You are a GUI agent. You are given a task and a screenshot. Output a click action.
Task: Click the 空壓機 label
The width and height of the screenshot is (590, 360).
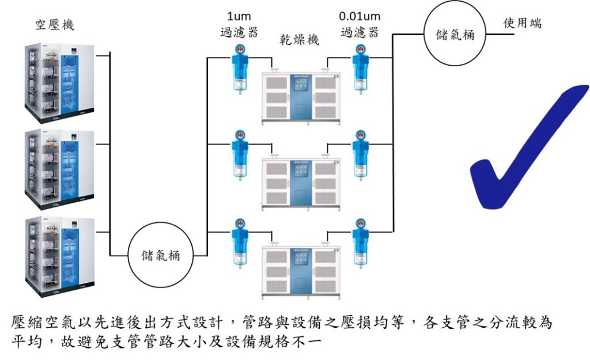click(x=55, y=25)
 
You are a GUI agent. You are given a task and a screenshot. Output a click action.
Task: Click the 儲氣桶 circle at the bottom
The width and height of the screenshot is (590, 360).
click(x=161, y=255)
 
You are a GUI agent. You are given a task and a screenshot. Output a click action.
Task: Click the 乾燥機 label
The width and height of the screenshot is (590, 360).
click(x=298, y=40)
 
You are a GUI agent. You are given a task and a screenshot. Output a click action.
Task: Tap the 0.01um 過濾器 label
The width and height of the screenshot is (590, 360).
click(x=360, y=25)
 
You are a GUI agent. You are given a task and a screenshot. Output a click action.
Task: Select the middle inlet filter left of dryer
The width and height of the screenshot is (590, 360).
click(x=237, y=154)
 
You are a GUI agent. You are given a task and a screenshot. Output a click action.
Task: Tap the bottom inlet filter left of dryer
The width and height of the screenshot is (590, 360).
click(x=237, y=241)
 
